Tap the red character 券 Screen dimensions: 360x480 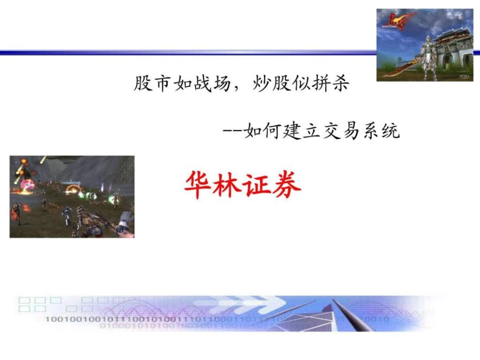(x=285, y=185)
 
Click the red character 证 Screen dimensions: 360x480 (x=257, y=185)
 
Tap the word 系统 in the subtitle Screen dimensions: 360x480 (x=383, y=131)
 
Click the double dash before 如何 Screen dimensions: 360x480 (x=232, y=132)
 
